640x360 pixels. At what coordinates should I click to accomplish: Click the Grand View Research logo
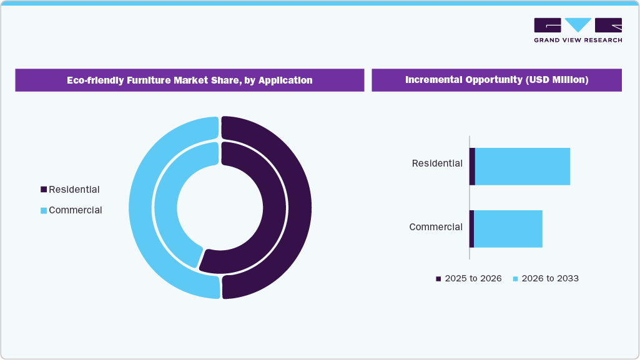click(578, 29)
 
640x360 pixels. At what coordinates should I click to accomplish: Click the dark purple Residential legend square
click(44, 190)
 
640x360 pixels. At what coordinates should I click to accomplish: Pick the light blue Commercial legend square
click(44, 210)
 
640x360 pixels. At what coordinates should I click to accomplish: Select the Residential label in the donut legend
click(74, 190)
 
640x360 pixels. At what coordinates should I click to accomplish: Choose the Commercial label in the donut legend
click(76, 210)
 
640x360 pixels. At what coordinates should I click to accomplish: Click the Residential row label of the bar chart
click(437, 163)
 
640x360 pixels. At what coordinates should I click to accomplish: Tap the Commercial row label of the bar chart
click(436, 227)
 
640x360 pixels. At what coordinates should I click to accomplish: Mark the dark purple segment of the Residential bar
click(473, 167)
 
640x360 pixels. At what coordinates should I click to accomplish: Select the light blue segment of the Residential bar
click(523, 167)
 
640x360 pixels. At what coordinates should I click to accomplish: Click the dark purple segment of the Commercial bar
click(472, 229)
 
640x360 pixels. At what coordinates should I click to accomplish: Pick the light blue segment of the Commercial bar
click(508, 229)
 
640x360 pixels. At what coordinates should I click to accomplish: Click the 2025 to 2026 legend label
click(473, 278)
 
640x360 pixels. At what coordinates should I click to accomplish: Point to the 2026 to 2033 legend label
click(550, 278)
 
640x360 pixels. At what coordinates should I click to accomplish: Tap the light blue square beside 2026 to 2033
click(515, 279)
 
